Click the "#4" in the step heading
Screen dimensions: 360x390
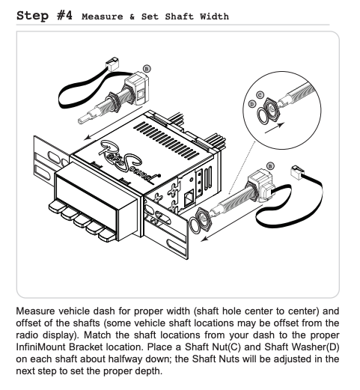click(64, 16)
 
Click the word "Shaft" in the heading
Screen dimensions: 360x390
click(179, 16)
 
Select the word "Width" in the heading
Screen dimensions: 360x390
click(214, 16)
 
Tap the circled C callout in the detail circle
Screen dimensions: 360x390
click(260, 95)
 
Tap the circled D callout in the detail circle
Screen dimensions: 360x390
click(252, 103)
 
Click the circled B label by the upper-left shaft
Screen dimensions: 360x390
click(147, 69)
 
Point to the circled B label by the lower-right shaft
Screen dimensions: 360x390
click(270, 166)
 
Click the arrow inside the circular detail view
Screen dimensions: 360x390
click(275, 127)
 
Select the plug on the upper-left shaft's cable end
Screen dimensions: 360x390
click(112, 63)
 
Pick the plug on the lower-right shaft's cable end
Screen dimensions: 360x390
click(298, 172)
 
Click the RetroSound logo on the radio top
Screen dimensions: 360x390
click(129, 160)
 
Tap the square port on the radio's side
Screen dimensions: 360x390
click(189, 198)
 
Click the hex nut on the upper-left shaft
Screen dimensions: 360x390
click(115, 100)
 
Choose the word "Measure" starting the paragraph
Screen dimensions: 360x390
click(35, 311)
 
